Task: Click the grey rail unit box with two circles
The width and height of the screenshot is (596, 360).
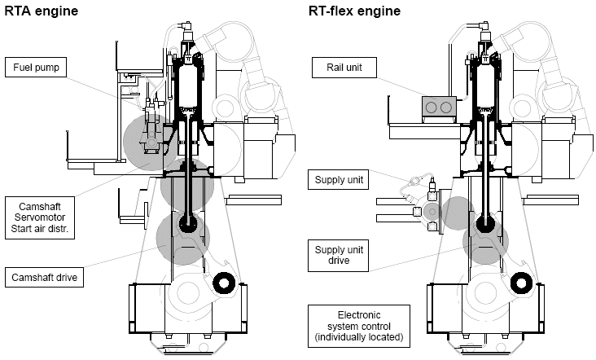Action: tap(438, 108)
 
